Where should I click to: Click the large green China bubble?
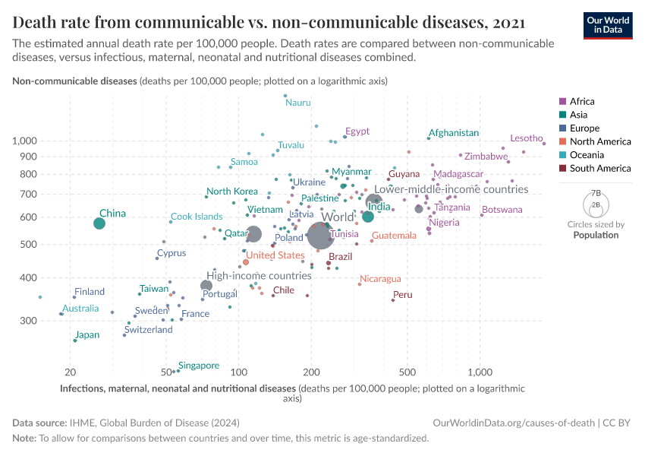point(99,223)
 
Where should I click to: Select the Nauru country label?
point(298,102)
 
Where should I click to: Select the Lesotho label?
point(526,138)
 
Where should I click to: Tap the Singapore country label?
point(199,366)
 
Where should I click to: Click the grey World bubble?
point(321,236)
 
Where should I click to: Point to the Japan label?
point(87,334)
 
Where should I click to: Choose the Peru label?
point(403,295)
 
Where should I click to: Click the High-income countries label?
point(260,276)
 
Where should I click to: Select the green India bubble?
point(368,217)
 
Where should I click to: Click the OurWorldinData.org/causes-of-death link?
point(514,423)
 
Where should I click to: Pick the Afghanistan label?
point(454,133)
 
